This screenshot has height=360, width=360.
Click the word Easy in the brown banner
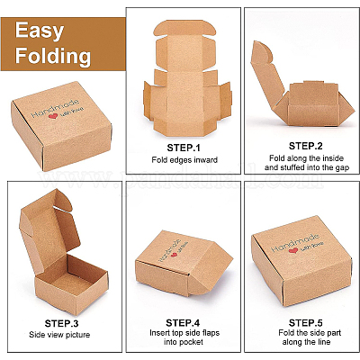coord(40,31)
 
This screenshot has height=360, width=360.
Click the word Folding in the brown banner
coord(53,56)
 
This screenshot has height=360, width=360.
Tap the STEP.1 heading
coord(184,148)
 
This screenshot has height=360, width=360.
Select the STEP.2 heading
coord(305,146)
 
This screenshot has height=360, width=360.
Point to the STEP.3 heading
coord(61,323)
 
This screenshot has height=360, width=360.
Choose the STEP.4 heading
coord(183,323)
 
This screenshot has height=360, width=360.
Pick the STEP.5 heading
coord(305,323)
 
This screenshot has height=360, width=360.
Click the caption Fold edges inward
coord(184,159)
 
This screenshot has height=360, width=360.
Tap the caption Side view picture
coord(59,335)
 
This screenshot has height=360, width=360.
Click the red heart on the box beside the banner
coord(53,116)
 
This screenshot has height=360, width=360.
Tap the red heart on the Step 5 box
coord(293,250)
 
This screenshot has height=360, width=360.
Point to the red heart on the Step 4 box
coord(174,255)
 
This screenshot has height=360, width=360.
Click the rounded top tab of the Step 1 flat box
coord(184,28)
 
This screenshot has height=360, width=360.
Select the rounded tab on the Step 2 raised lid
coord(262,52)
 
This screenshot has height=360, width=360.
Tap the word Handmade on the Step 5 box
coord(294,242)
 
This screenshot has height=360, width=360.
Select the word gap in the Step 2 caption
coord(342,167)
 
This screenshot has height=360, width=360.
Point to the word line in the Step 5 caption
coord(323,342)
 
